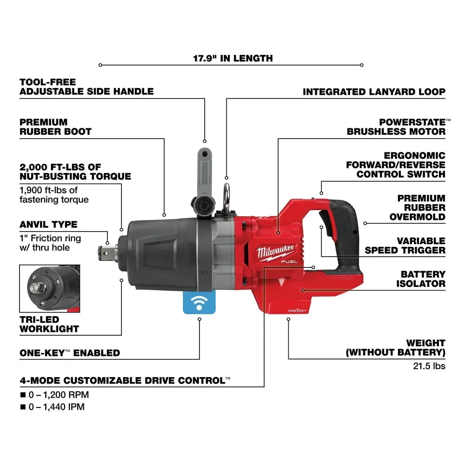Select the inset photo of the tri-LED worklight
[x=49, y=288]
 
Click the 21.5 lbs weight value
[x=429, y=366]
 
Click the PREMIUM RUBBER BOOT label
[x=55, y=127]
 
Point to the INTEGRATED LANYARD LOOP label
[x=374, y=92]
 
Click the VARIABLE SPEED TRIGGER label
[x=405, y=246]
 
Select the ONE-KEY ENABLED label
[x=70, y=353]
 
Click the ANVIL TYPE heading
[x=48, y=225]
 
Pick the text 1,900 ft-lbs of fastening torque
[x=54, y=195]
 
